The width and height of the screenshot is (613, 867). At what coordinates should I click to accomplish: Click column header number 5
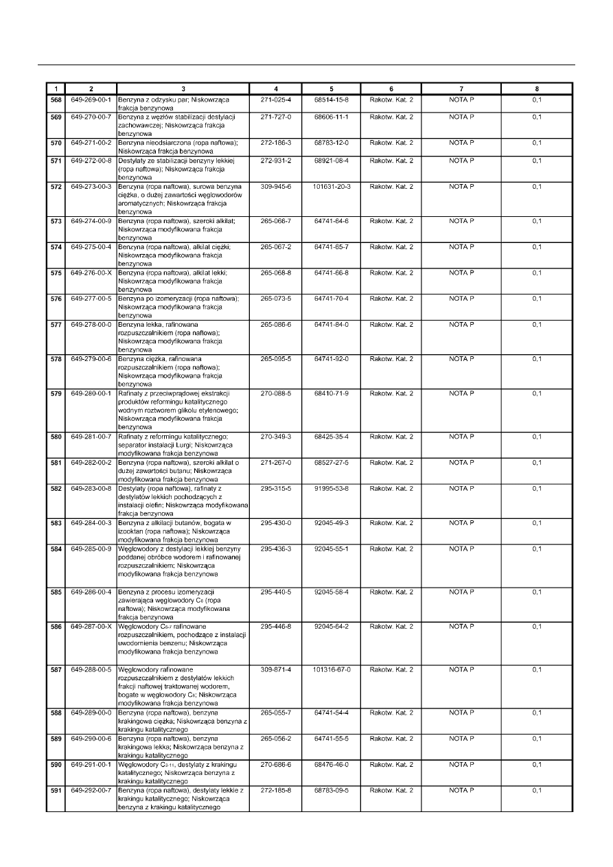click(332, 89)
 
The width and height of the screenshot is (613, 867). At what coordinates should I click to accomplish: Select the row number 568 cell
click(55, 100)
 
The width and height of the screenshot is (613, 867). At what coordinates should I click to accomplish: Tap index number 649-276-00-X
click(91, 273)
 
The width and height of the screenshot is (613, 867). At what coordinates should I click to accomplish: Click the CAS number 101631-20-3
click(332, 187)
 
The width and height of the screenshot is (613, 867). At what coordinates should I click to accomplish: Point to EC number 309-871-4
click(276, 669)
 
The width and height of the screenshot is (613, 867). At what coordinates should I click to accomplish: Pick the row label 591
click(55, 791)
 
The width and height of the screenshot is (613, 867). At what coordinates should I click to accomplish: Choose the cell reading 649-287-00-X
click(91, 627)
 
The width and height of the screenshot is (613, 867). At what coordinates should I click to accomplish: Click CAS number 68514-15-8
click(332, 100)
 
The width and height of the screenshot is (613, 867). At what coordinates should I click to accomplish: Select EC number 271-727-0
click(276, 117)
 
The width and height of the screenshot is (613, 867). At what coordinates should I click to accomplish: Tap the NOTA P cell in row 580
click(461, 437)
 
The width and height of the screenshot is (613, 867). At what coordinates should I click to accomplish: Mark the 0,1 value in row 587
click(537, 669)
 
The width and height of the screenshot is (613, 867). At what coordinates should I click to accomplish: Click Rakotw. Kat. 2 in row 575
click(391, 273)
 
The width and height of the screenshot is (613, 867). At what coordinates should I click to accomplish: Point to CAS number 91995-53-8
click(332, 489)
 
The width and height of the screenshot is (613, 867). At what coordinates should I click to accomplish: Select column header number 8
click(537, 89)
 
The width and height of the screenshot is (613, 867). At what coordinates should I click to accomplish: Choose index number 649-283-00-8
click(91, 489)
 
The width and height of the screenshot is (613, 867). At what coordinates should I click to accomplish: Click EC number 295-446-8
click(276, 627)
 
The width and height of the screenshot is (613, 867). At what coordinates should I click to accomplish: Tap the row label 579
click(55, 393)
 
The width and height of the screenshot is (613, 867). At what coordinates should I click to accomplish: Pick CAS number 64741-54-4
click(332, 713)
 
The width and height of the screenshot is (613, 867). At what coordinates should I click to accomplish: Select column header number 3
click(183, 89)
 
